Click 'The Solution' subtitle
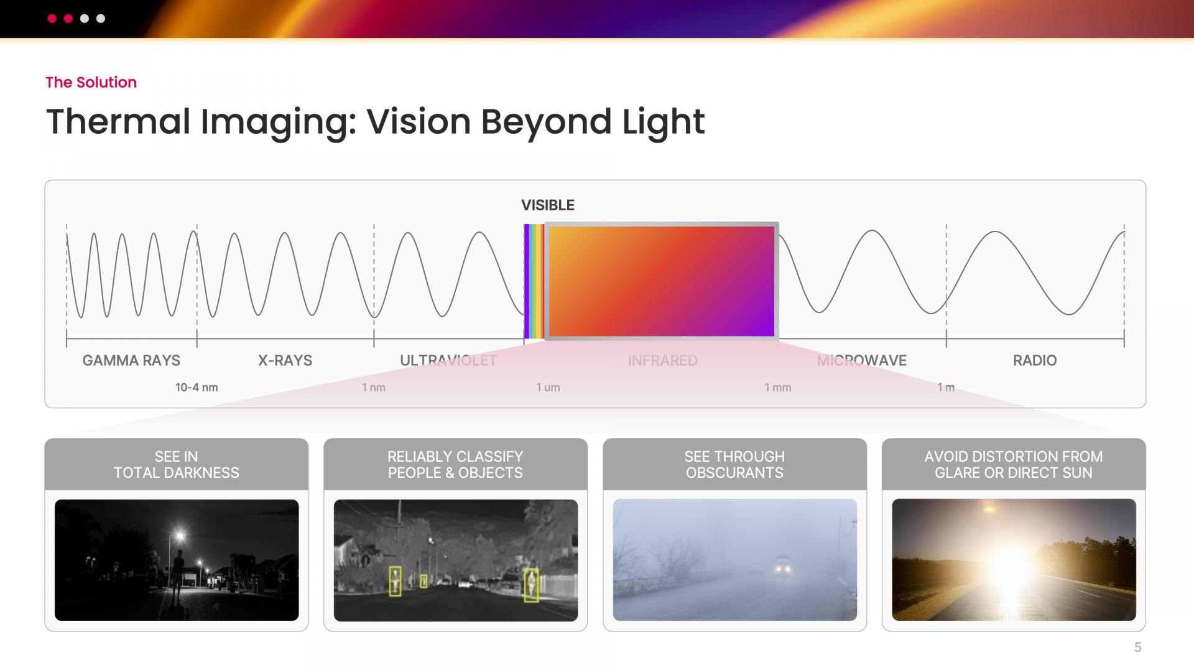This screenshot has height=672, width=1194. click(x=91, y=82)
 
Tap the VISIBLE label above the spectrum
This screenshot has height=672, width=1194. click(x=548, y=205)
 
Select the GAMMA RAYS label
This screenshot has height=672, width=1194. click(x=131, y=360)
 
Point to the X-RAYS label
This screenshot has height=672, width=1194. click(x=285, y=360)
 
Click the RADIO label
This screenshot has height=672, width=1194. click(x=1035, y=360)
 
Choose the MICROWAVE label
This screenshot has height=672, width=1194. click(x=862, y=360)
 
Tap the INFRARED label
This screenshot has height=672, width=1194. click(x=662, y=360)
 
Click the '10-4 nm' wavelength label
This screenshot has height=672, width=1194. click(x=197, y=388)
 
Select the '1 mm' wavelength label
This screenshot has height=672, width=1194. click(x=778, y=388)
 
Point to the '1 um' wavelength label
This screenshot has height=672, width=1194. click(x=548, y=388)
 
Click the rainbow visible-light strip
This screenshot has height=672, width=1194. click(x=534, y=281)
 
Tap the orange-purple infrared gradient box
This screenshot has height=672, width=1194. click(x=662, y=281)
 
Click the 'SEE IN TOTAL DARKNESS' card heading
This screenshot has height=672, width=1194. click(x=177, y=464)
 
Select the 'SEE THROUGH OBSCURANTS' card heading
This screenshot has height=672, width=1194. click(x=734, y=464)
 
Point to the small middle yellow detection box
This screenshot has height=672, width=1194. click(x=423, y=581)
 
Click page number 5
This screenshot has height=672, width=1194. click(x=1138, y=647)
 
